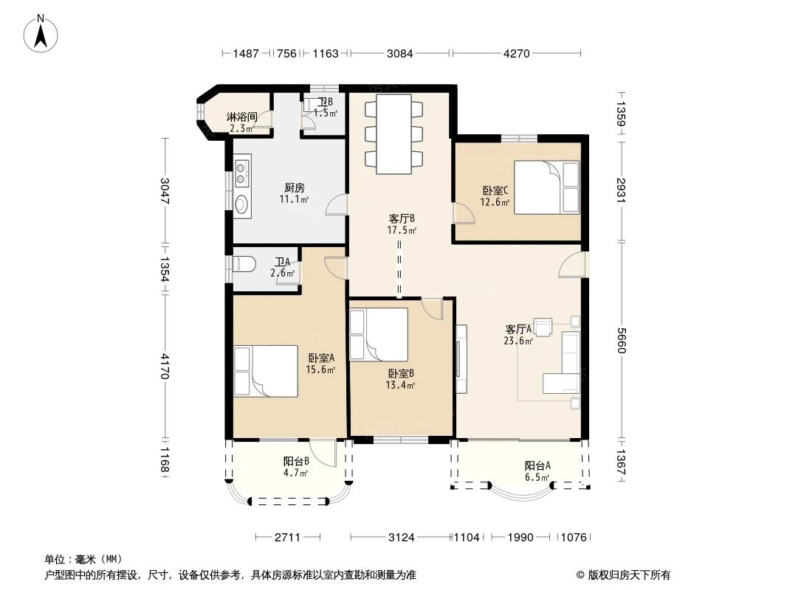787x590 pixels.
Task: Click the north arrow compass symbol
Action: [x=41, y=34]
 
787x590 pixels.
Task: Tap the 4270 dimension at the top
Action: [x=517, y=53]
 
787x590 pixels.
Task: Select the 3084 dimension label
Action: [x=399, y=53]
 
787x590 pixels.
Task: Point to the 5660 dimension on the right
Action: [x=622, y=341]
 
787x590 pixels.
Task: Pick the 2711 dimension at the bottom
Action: [x=287, y=538]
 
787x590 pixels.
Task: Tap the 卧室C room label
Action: [x=495, y=190]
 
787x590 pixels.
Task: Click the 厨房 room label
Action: [x=294, y=188]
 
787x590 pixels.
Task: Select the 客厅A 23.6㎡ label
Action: [x=518, y=335]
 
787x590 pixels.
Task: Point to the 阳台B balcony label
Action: [x=295, y=461]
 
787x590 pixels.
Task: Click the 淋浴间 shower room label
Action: [x=242, y=117]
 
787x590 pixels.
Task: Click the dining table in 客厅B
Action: [x=394, y=133]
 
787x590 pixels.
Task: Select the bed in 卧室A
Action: [x=266, y=371]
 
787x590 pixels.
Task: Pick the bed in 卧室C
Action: [x=546, y=187]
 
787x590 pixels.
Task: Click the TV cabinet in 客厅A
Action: [x=461, y=359]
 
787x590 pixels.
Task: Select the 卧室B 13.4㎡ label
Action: [x=401, y=380]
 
